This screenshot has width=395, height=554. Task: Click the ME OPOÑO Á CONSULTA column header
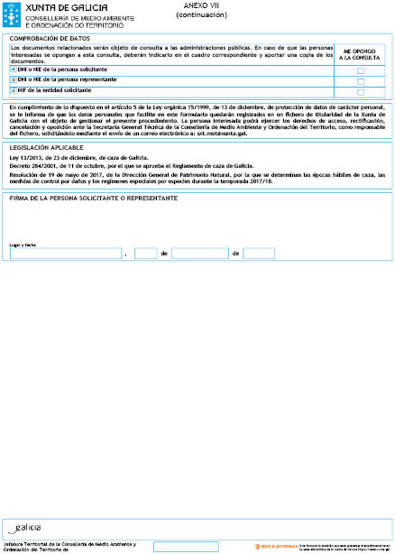(360, 54)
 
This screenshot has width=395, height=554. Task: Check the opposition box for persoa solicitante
(361, 70)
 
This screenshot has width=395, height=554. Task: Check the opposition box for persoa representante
(361, 80)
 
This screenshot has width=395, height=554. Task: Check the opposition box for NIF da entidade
(361, 91)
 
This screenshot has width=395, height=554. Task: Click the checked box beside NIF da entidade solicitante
(14, 90)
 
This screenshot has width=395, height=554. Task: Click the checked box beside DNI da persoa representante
(14, 80)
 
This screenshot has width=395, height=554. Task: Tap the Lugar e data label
(23, 245)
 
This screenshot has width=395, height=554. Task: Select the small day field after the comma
(145, 254)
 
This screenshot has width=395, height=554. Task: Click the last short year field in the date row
(259, 254)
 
